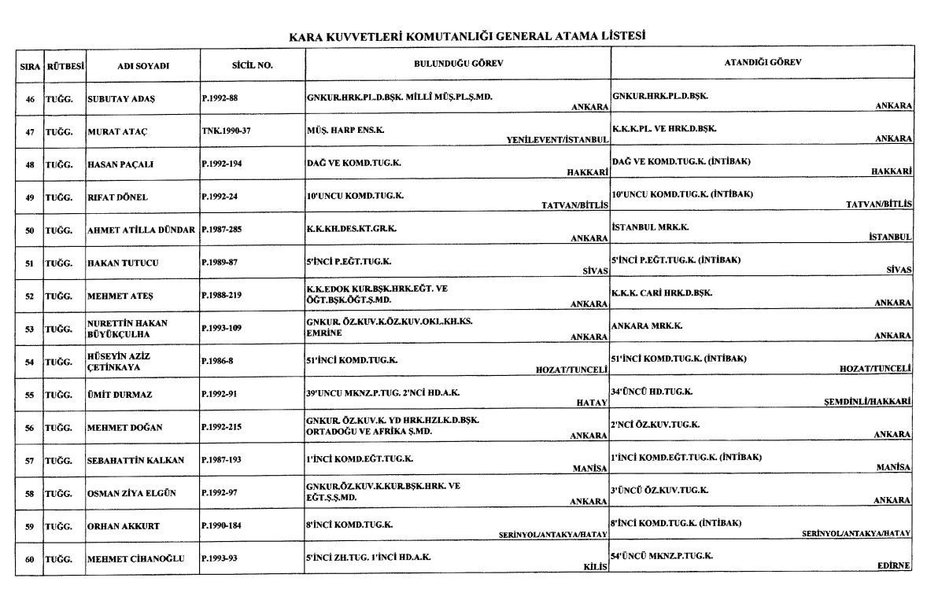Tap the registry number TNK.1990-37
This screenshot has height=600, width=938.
click(x=226, y=131)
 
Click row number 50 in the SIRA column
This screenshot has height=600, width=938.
click(x=29, y=230)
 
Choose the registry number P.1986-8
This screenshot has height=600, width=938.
click(x=219, y=362)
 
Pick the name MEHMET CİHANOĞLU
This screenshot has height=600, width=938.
click(x=135, y=559)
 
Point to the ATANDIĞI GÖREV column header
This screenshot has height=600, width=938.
click(x=763, y=63)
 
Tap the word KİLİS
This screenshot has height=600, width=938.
click(x=596, y=566)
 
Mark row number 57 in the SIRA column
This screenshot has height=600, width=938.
click(x=29, y=460)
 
